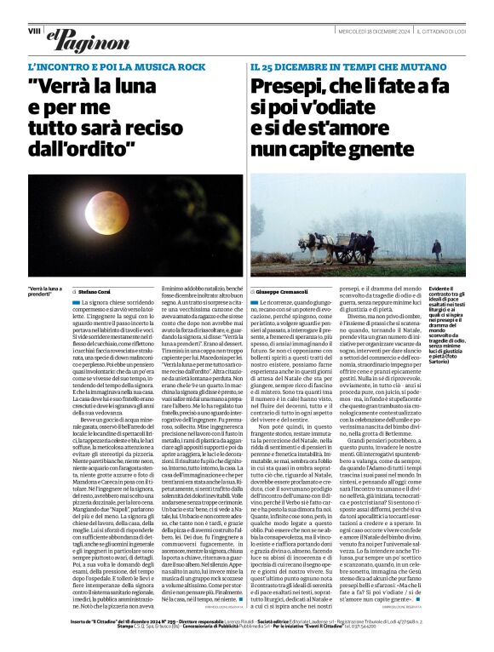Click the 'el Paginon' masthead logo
coord(77,37)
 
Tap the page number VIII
coord(34,31)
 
